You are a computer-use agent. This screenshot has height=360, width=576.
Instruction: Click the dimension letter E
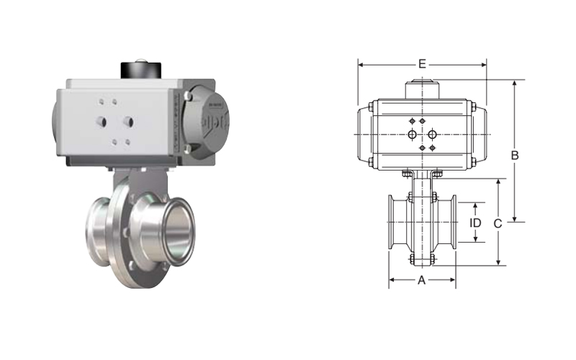[x=422, y=64]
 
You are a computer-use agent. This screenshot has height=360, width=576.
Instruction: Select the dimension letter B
[x=515, y=156]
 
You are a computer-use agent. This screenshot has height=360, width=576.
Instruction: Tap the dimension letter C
[x=498, y=223]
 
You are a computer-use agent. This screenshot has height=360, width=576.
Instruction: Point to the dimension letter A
[x=422, y=280]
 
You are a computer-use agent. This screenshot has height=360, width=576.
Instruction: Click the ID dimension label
[x=475, y=222]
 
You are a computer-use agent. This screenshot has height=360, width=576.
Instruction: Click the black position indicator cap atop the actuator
[x=141, y=70]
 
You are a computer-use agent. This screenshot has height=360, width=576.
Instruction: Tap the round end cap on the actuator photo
[x=207, y=122]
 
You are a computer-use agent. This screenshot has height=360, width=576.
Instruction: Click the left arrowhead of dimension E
[x=361, y=65]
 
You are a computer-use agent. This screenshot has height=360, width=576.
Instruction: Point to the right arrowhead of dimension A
[x=453, y=280]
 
